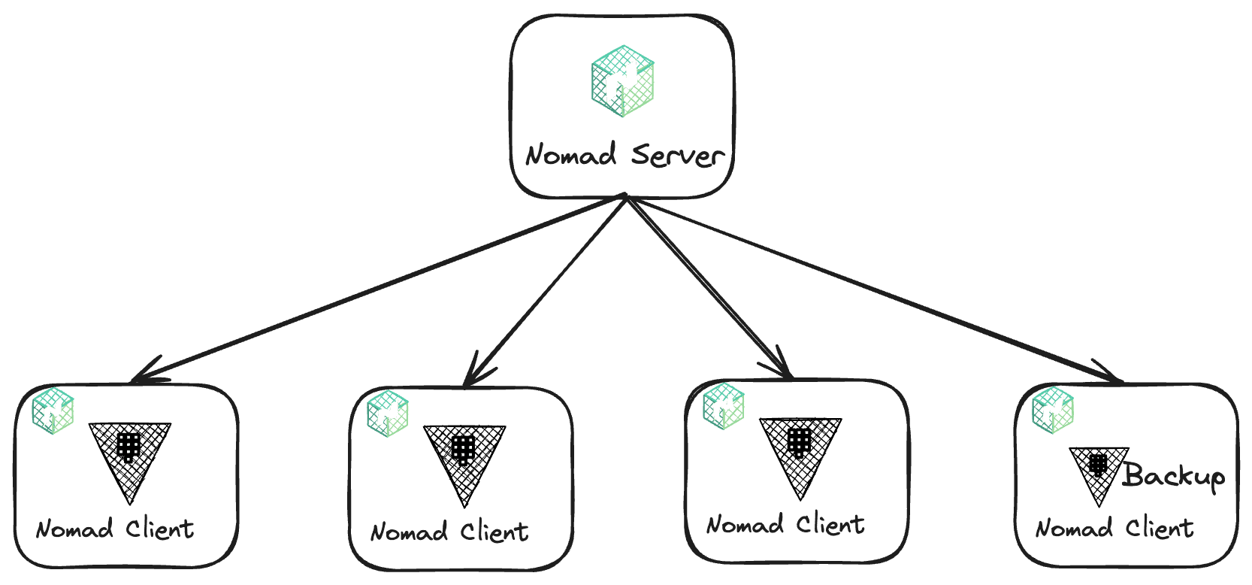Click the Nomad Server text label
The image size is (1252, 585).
[624, 155]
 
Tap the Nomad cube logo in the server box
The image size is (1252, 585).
[622, 81]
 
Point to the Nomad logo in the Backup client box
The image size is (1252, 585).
[1053, 410]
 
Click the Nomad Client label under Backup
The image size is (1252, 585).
[1114, 529]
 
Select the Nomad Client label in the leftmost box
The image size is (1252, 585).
[115, 529]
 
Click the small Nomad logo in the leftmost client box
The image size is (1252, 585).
[53, 411]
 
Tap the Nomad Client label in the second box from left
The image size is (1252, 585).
[449, 532]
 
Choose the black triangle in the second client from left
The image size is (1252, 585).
[464, 459]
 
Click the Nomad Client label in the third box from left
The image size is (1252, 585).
[785, 524]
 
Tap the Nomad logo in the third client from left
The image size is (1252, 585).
[724, 406]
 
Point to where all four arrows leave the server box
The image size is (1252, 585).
[624, 197]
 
